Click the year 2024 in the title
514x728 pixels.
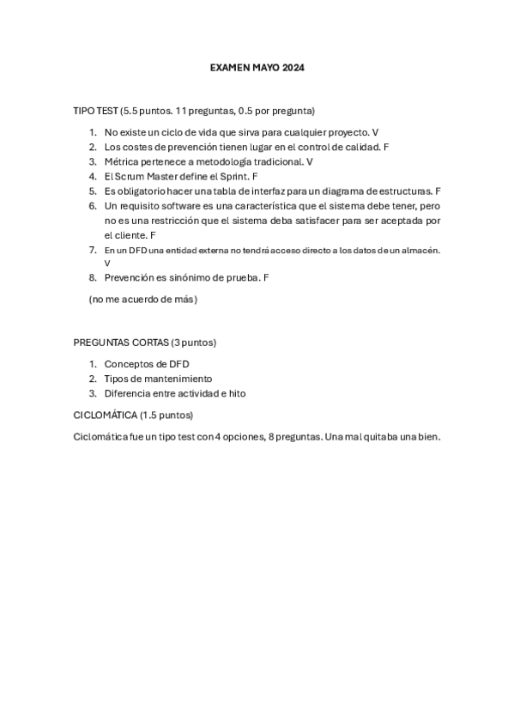coord(293,66)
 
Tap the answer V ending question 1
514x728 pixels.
coord(376,132)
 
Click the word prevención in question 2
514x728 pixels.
coord(192,147)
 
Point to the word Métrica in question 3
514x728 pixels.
coord(121,161)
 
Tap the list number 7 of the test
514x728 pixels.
coord(93,250)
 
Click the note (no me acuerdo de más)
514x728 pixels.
coord(142,300)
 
